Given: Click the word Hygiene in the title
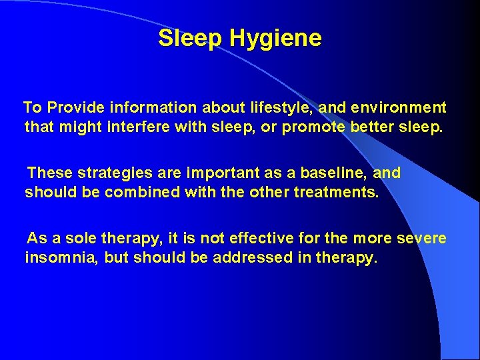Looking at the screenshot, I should [275, 39].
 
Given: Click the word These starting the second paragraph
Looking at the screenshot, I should [50, 173].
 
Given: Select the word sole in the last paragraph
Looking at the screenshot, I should [78, 239].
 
